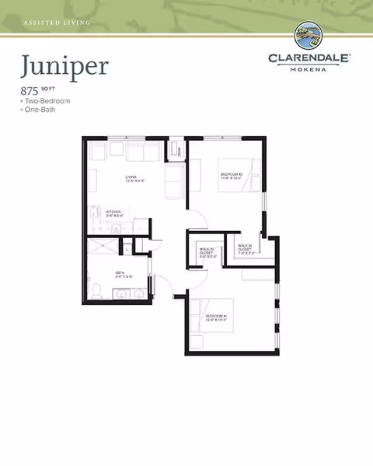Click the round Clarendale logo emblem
(310, 36)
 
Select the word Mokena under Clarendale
(310, 68)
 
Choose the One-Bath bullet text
(40, 110)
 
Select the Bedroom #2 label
(232, 176)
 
